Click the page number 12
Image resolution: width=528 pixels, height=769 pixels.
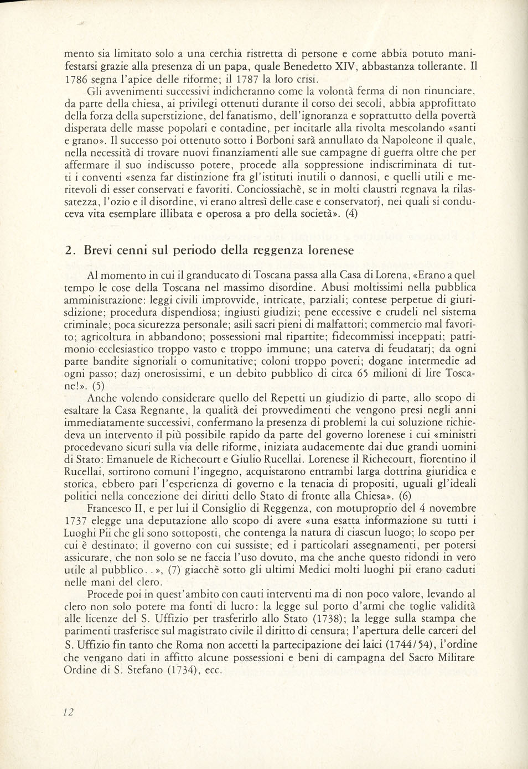69,713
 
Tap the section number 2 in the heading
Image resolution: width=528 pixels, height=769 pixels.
68,251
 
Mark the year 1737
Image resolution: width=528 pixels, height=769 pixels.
77,520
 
